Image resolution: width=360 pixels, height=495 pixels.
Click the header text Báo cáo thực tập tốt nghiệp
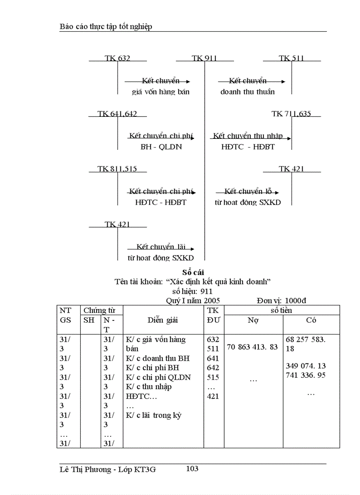pos(106,27)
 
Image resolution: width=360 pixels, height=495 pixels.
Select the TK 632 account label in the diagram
pos(117,58)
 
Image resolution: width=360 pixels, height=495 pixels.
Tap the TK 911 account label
pos(204,58)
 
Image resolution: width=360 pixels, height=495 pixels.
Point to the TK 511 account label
pos(292,58)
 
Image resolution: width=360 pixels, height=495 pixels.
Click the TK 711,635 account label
pos(291,114)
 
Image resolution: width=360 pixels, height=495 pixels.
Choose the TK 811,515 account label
pos(117,169)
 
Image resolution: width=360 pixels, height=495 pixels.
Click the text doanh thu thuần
pos(247,92)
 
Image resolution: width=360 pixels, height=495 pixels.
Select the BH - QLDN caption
pos(161,147)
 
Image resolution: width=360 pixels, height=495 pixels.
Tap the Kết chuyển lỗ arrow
pos(247,192)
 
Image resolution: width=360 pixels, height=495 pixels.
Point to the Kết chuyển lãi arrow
pos(161,247)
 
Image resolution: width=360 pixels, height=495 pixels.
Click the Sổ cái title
pos(193,272)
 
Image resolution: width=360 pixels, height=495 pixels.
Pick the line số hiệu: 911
pos(193,291)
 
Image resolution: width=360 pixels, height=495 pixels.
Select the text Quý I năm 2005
pos(193,300)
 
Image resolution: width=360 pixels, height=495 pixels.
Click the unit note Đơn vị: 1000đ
pos(281,300)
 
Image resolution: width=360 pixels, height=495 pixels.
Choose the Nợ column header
pos(253,320)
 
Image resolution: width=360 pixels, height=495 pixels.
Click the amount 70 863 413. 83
pos(252,347)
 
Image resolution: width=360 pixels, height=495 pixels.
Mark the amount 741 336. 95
pos(306,375)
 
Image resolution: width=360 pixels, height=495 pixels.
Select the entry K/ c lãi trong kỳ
pos(154,415)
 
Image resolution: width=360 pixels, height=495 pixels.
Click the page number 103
pos(192,469)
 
